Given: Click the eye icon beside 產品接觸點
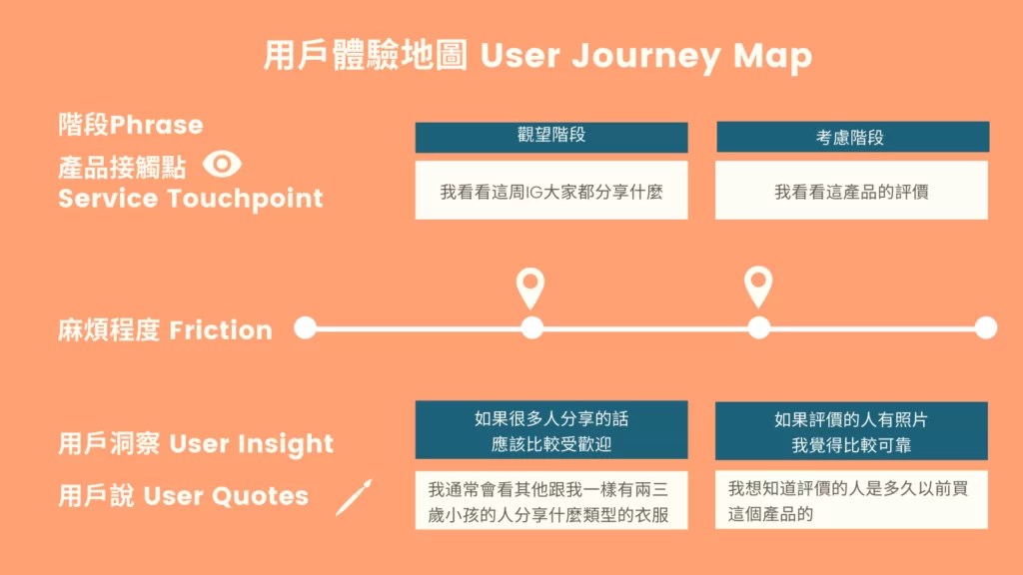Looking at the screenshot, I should pyautogui.click(x=222, y=164).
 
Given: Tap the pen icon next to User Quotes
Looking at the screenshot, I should pyautogui.click(x=354, y=496).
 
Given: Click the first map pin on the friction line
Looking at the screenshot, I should pyautogui.click(x=530, y=287).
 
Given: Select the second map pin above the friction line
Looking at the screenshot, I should pyautogui.click(x=758, y=287).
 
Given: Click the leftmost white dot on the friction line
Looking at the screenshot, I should pyautogui.click(x=306, y=327).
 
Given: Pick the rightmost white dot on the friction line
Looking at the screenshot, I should pyautogui.click(x=985, y=327).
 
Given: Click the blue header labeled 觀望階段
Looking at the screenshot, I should pyautogui.click(x=551, y=137).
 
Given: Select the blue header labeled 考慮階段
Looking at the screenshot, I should pyautogui.click(x=851, y=137).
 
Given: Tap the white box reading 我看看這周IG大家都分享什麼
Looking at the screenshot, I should pyautogui.click(x=551, y=190).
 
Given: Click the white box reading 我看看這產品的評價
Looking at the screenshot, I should pyautogui.click(x=851, y=190).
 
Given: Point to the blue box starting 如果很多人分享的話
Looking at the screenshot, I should pyautogui.click(x=551, y=430).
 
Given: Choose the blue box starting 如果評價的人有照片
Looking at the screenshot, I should pyautogui.click(x=851, y=430).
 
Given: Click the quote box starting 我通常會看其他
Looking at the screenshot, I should pyautogui.click(x=551, y=501).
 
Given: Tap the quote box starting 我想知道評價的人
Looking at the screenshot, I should pyautogui.click(x=851, y=501).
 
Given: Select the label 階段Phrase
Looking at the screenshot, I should pyautogui.click(x=131, y=125).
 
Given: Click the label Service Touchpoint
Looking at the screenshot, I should pyautogui.click(x=191, y=198).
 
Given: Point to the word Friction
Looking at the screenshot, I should pyautogui.click(x=221, y=330).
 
